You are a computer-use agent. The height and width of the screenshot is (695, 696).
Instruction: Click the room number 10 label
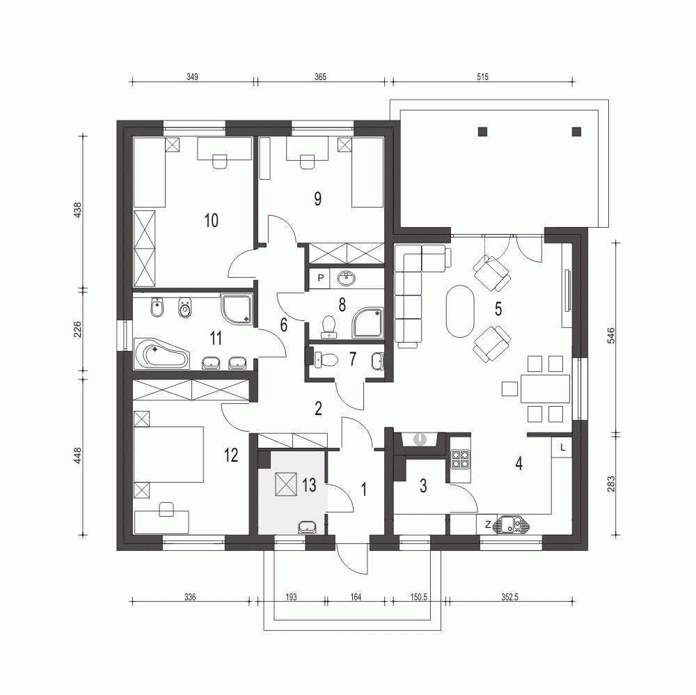tap(212, 221)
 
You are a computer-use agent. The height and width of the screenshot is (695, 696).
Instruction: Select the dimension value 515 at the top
tap(482, 77)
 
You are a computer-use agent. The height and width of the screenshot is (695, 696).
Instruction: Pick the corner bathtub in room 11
tap(161, 355)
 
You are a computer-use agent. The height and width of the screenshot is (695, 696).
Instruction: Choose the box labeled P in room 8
tap(320, 279)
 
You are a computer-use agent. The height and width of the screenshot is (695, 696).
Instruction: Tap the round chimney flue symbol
tap(420, 439)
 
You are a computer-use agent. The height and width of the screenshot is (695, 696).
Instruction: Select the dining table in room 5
tap(545, 389)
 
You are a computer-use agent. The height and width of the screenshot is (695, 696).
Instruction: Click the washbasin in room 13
tap(307, 527)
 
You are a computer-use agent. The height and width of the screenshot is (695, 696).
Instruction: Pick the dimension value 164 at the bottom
tap(355, 597)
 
